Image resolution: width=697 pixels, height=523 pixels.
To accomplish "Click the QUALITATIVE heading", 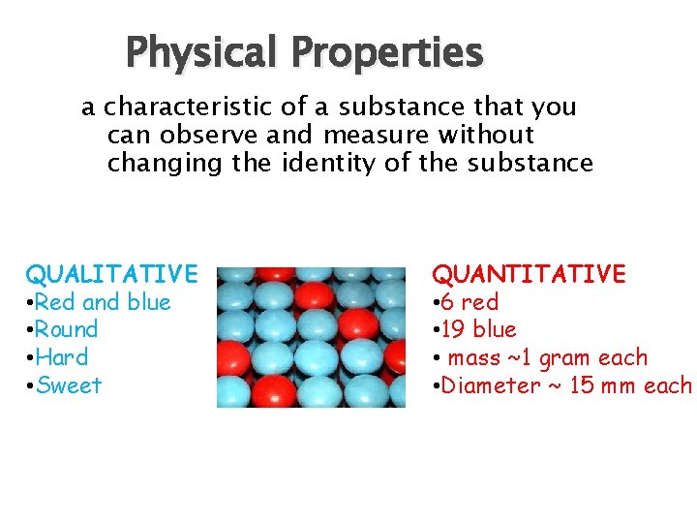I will click(111, 274).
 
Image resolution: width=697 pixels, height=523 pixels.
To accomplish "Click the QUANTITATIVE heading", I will click(529, 274).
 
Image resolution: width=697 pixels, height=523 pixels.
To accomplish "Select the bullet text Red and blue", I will click(103, 302).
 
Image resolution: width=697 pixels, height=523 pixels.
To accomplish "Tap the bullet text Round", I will click(67, 329).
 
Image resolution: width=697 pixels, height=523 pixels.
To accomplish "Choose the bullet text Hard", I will click(62, 357).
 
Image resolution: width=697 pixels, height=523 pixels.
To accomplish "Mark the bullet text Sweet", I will click(69, 385).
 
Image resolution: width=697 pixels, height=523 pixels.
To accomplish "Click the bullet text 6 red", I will click(470, 302).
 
